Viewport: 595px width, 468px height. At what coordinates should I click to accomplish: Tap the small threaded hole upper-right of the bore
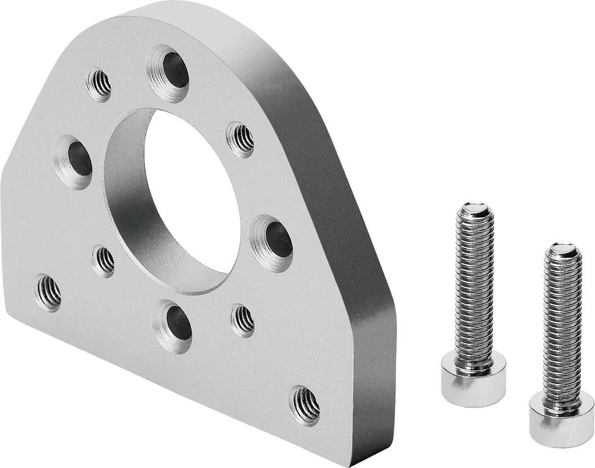pos(241,139)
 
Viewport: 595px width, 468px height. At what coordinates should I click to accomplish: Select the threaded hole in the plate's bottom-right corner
pos(305,405)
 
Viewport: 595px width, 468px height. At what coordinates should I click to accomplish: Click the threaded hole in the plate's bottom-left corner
pos(48,291)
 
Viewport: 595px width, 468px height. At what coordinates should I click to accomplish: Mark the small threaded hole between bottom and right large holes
pos(243,320)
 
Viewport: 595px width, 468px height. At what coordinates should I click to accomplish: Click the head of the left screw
pos(473,375)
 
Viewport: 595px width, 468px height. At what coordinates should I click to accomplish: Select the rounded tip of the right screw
pos(562,248)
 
